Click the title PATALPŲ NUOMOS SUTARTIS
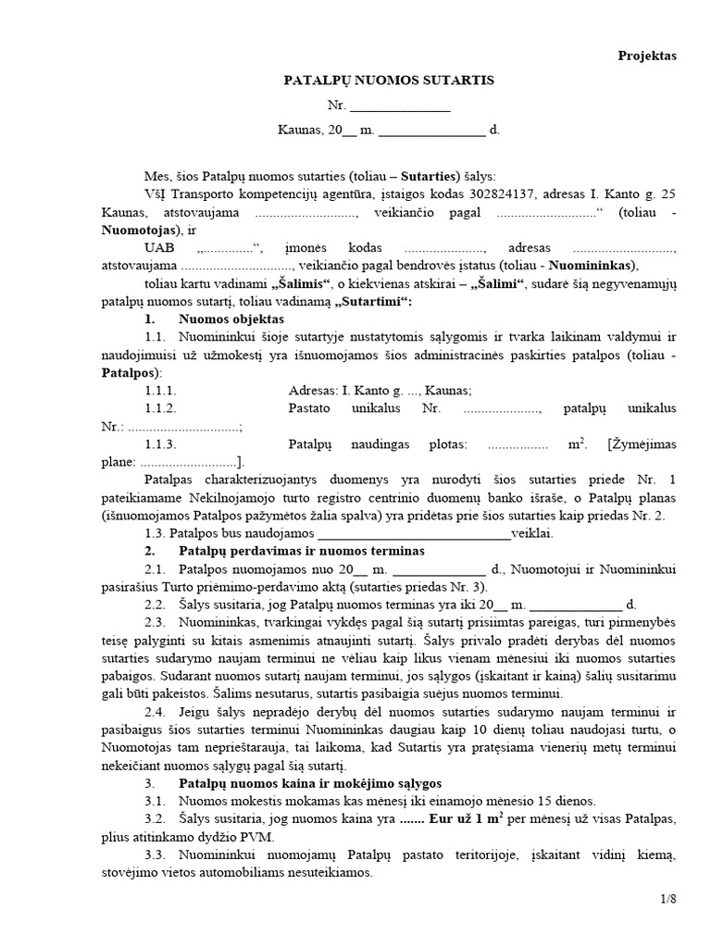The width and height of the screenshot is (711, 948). point(389,81)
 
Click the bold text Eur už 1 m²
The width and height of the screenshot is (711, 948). point(456,819)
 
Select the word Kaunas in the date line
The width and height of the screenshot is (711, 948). point(297,131)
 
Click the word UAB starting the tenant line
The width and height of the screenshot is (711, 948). point(159,247)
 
